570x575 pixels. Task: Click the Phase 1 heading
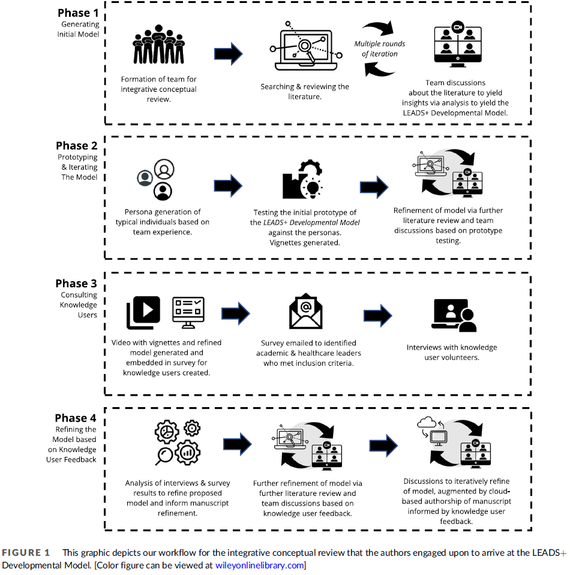click(78, 13)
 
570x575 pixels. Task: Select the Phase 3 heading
click(76, 284)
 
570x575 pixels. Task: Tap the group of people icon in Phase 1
click(158, 44)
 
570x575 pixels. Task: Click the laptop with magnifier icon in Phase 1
click(306, 46)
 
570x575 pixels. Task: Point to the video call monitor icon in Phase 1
click(458, 44)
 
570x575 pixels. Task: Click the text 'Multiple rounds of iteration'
click(380, 49)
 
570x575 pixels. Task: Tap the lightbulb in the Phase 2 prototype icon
click(313, 188)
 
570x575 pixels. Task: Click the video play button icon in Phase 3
click(143, 312)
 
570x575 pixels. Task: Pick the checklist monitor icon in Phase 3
click(188, 312)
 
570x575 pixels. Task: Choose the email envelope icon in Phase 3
click(306, 311)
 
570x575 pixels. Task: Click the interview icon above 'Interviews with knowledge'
click(454, 315)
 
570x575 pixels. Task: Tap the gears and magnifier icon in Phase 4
click(178, 442)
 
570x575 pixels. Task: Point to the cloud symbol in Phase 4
click(427, 423)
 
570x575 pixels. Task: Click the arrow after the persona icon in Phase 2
click(228, 186)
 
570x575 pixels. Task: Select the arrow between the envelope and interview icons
click(377, 315)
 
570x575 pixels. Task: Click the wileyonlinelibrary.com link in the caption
click(260, 565)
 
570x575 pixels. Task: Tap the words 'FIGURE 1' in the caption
click(26, 553)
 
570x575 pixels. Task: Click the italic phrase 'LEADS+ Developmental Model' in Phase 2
click(311, 222)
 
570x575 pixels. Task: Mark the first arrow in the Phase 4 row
click(238, 444)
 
